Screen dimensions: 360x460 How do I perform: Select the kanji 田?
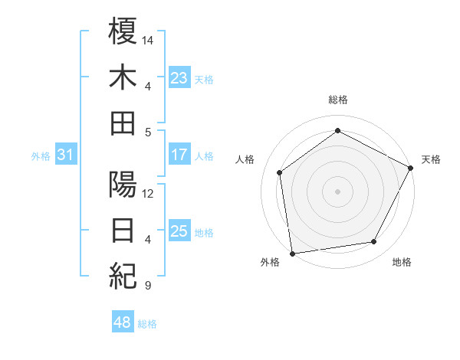tap(123, 123)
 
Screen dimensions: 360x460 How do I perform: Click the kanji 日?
tap(123, 231)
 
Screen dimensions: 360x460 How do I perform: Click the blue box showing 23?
tap(179, 77)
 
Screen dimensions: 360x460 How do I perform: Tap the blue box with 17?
tap(179, 155)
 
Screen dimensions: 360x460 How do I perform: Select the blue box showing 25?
tap(179, 231)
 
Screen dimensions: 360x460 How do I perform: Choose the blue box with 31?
tap(65, 155)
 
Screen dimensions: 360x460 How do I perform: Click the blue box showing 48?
tap(122, 322)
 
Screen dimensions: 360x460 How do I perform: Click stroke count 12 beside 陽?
tap(149, 194)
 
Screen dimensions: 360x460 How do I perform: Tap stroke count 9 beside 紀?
tap(147, 286)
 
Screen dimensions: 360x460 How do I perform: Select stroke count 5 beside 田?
tap(147, 132)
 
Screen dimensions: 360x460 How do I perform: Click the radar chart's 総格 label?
tap(338, 100)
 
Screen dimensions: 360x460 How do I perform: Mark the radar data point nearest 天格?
tap(411, 168)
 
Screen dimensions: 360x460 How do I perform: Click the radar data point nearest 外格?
tap(292, 253)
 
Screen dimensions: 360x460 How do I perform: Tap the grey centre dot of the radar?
tap(338, 191)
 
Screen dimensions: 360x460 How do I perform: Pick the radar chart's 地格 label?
tap(402, 262)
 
